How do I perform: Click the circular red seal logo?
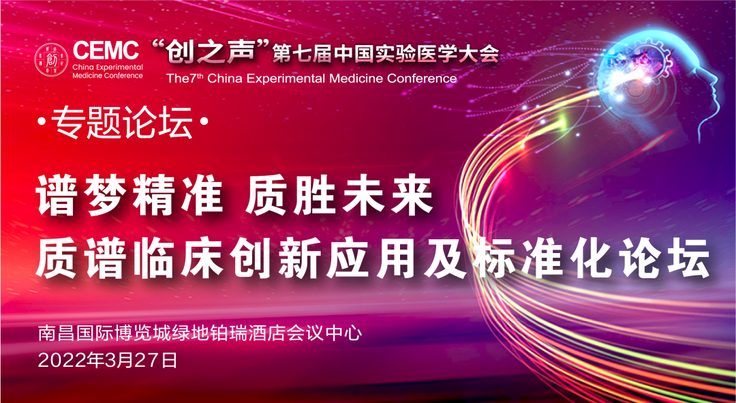(x=52, y=59)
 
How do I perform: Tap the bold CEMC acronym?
(x=106, y=50)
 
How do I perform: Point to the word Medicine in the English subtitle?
(x=355, y=78)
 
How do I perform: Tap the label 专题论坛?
(x=123, y=122)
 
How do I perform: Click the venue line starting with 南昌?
(x=200, y=334)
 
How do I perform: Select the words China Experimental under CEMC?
(x=108, y=67)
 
